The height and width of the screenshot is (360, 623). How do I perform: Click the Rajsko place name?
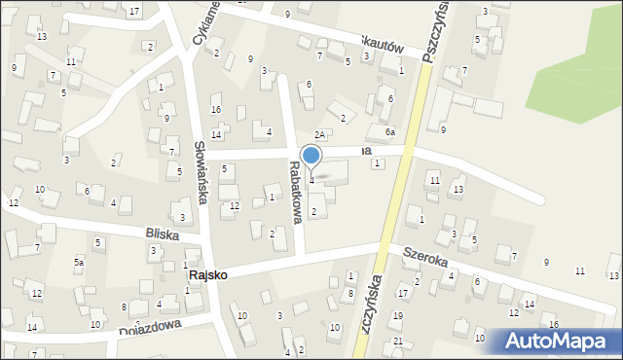(x=207, y=275)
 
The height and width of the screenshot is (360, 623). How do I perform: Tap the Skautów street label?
(x=382, y=46)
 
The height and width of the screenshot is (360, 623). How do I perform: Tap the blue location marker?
(x=311, y=156)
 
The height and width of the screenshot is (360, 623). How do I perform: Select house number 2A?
(x=318, y=134)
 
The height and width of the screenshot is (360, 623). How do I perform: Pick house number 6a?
(x=389, y=131)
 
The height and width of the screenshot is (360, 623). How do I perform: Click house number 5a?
(x=79, y=263)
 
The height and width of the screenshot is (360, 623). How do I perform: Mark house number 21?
(x=397, y=341)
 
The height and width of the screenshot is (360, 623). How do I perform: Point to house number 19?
(x=397, y=316)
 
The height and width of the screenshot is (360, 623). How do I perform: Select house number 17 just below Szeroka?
(x=402, y=294)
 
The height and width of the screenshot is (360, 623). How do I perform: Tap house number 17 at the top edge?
(x=134, y=11)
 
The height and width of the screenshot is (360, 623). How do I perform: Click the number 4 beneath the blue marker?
(x=311, y=180)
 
